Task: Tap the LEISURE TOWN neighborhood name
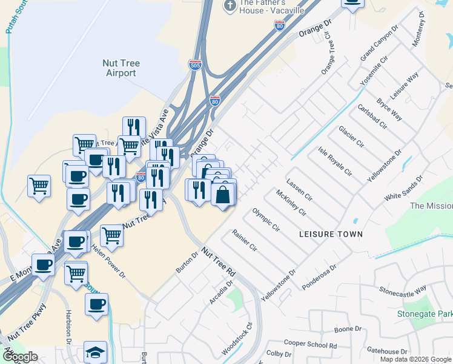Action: pos(331,234)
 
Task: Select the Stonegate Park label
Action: pos(425,314)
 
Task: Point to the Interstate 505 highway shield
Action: pos(194,65)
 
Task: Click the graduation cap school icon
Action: pos(95,352)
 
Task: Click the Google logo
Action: pos(20,357)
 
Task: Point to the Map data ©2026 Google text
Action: pos(415,359)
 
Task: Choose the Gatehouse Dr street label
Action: pos(387,351)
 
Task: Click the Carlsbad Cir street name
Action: pos(372,116)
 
